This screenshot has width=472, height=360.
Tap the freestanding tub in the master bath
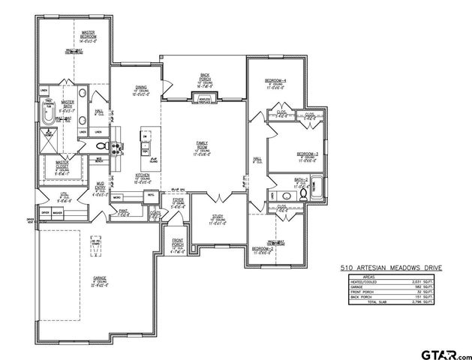click(x=50, y=118)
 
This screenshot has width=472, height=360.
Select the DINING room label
click(x=140, y=88)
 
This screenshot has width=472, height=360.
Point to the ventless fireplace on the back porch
click(x=204, y=98)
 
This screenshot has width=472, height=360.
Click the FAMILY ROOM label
click(x=203, y=145)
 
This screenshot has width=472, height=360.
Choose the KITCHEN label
click(x=143, y=176)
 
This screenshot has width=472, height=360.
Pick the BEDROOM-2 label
click(x=263, y=249)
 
